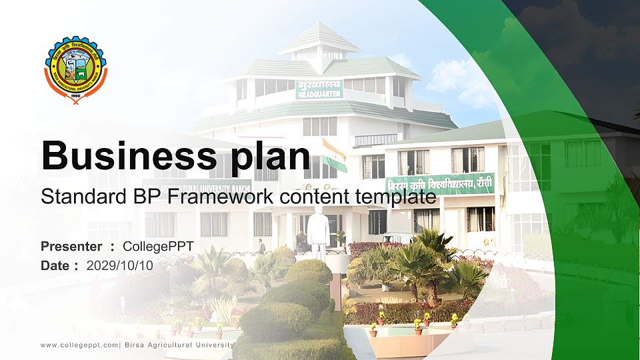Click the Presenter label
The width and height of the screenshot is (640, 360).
click(71, 247)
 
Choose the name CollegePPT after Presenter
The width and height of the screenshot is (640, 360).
click(158, 247)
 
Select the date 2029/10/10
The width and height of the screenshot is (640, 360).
click(120, 265)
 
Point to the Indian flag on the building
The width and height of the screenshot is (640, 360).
click(334, 153)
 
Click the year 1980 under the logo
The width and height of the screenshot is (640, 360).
click(75, 95)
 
